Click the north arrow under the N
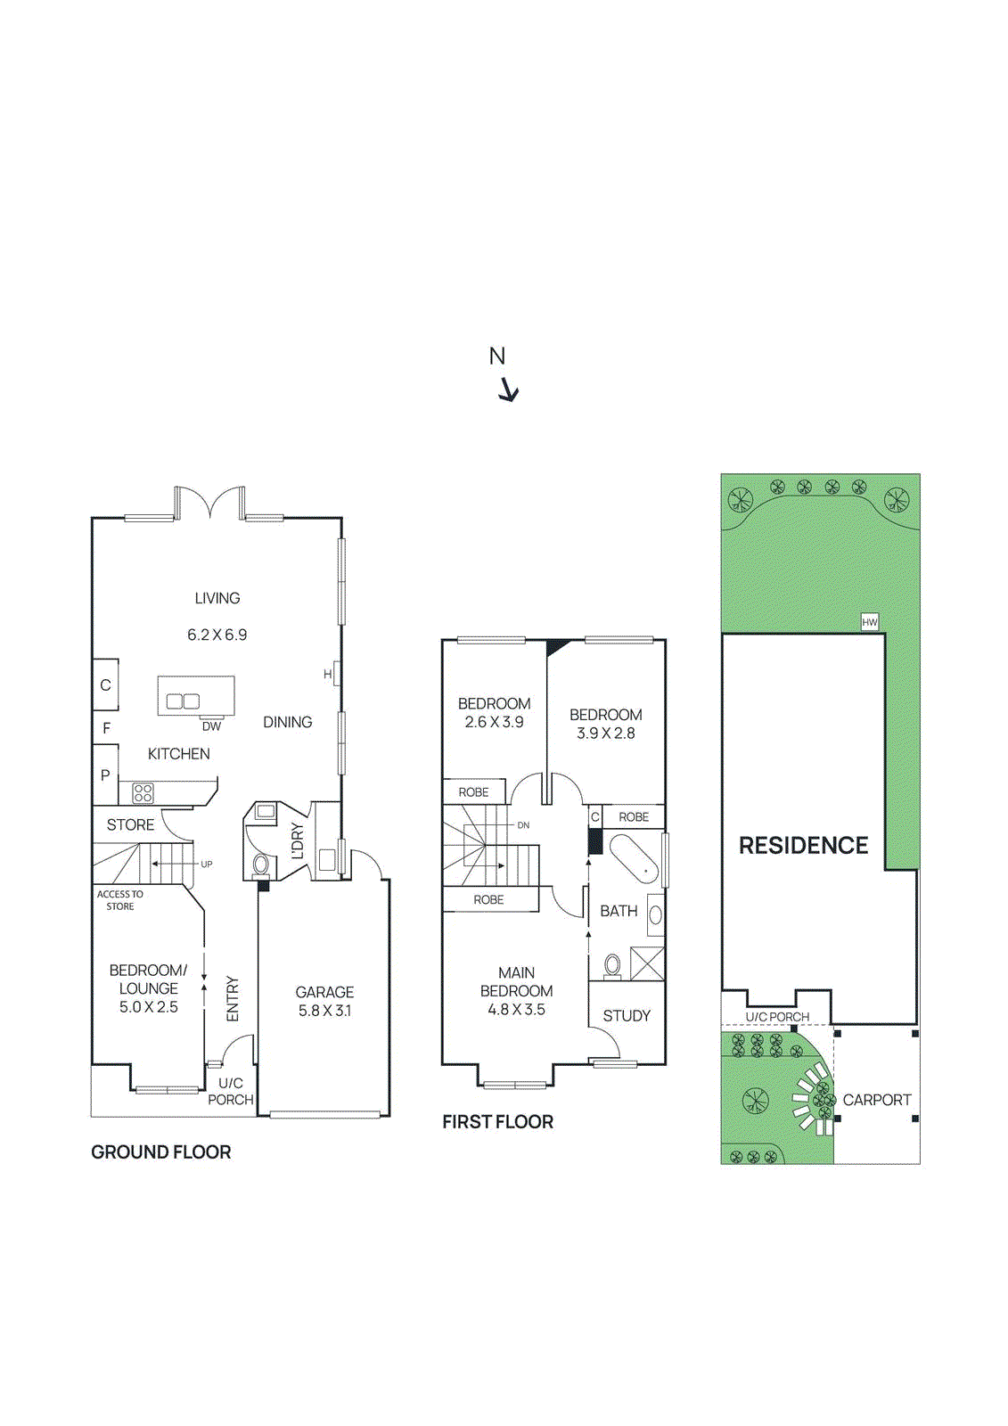tap(508, 390)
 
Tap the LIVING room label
tap(217, 598)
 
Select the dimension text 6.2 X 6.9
tap(217, 635)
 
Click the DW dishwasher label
tap(211, 726)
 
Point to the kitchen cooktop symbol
tap(143, 792)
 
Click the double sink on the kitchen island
tap(183, 701)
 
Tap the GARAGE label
tap(324, 992)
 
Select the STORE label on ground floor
tap(130, 824)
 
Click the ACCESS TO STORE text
tap(119, 900)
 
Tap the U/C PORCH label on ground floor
tap(230, 1092)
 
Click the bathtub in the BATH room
tap(634, 858)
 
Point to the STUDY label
tap(626, 1015)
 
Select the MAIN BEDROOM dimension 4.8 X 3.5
tap(516, 1010)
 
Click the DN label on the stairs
tap(523, 825)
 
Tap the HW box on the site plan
tap(870, 622)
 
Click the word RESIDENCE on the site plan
tap(803, 845)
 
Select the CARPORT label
tap(876, 1100)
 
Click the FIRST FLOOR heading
tap(497, 1122)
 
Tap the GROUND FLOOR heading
tap(160, 1152)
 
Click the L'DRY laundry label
tap(298, 841)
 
